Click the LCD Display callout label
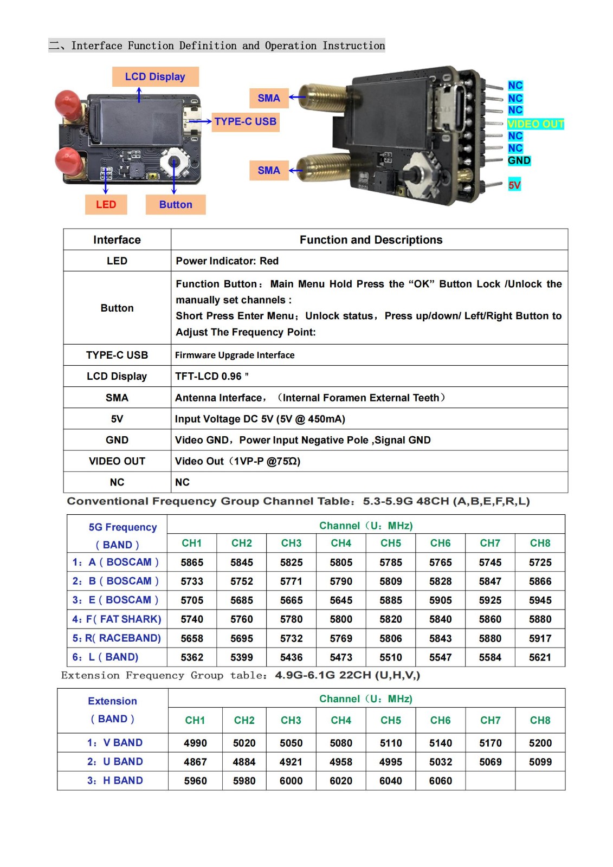point(155,76)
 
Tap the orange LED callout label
point(106,204)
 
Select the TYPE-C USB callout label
point(245,121)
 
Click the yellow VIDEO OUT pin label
point(535,124)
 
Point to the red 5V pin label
point(514,185)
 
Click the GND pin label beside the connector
point(519,160)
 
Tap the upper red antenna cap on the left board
point(68,103)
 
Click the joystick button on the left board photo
point(174,161)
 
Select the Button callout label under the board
point(176,204)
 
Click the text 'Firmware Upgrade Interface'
point(235,355)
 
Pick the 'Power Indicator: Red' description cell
point(227,261)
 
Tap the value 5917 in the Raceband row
point(540,638)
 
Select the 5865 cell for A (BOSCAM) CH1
point(192,562)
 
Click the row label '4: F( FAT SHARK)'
point(117,619)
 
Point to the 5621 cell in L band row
point(540,657)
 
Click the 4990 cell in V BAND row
point(195,743)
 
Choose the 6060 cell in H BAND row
point(440,781)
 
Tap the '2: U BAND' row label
point(115,761)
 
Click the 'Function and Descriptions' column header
point(371,240)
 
